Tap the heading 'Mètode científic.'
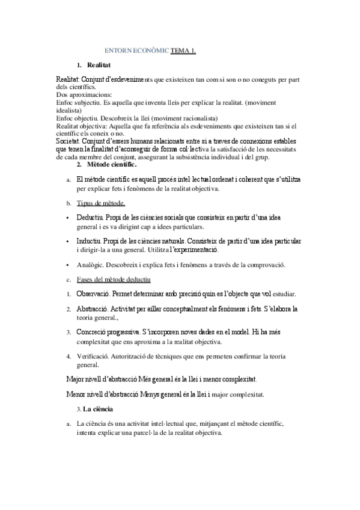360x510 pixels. tap(112, 164)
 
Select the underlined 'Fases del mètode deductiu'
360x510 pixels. tap(114, 280)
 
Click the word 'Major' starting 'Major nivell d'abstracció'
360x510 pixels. tap(75, 379)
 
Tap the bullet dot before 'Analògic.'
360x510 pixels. tap(69, 265)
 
